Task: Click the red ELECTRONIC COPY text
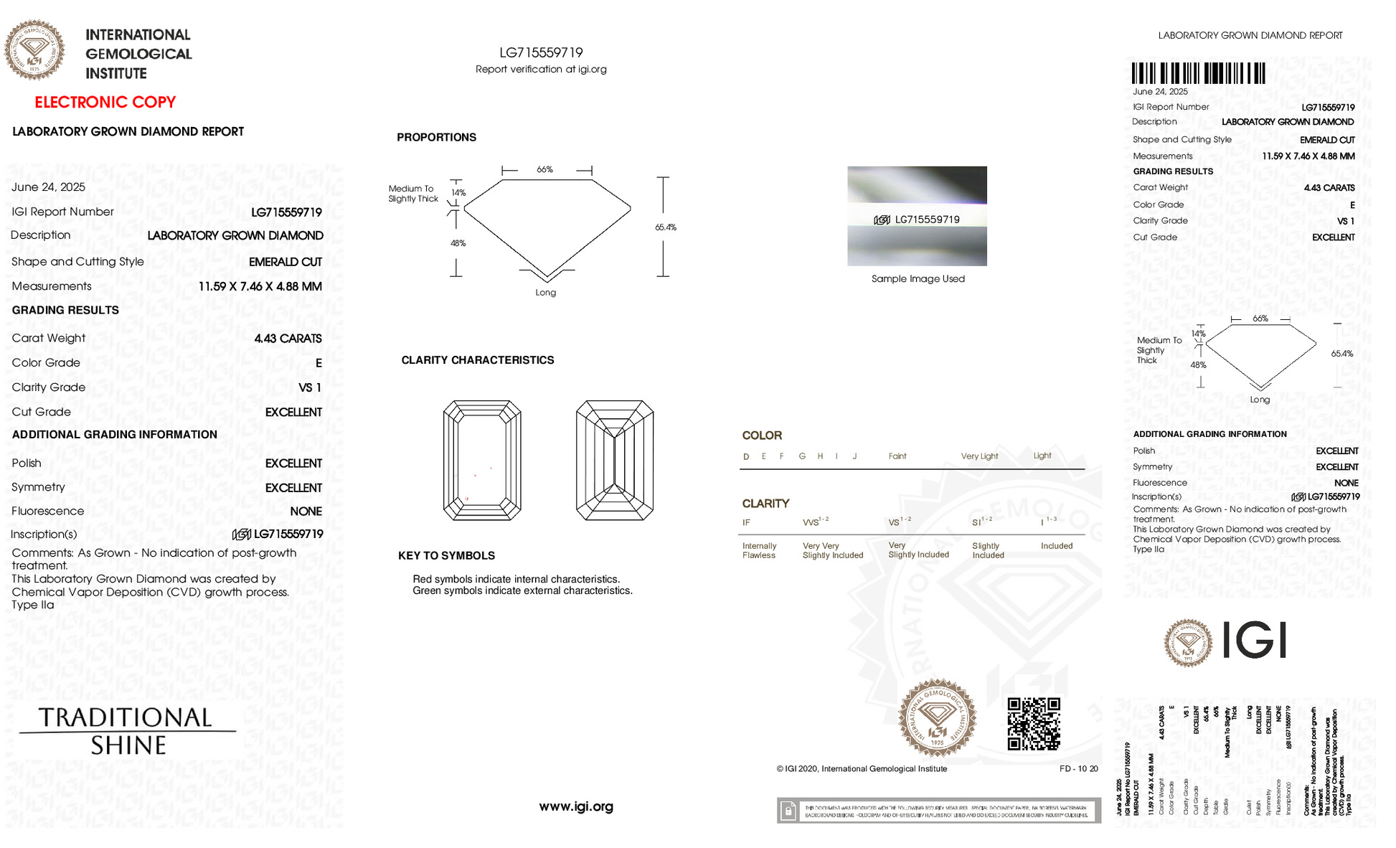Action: pyautogui.click(x=105, y=102)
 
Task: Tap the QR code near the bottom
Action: pyautogui.click(x=1034, y=724)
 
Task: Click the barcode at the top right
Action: pyautogui.click(x=1198, y=74)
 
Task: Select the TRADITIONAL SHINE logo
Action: pyautogui.click(x=128, y=731)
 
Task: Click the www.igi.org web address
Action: pyautogui.click(x=576, y=806)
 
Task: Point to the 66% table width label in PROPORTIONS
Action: pyautogui.click(x=545, y=170)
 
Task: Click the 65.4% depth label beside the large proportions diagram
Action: pyautogui.click(x=666, y=227)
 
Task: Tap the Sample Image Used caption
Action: pyautogui.click(x=918, y=279)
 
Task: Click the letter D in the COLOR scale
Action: pyautogui.click(x=746, y=457)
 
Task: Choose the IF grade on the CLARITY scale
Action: pyautogui.click(x=746, y=523)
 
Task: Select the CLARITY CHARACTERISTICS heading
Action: pyautogui.click(x=477, y=360)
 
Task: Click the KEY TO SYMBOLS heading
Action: pyautogui.click(x=446, y=556)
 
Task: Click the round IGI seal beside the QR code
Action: pyautogui.click(x=937, y=718)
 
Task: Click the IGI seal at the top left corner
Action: pyautogui.click(x=34, y=50)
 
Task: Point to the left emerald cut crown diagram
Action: pyautogui.click(x=482, y=461)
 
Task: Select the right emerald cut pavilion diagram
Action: pyautogui.click(x=615, y=461)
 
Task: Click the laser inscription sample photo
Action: pyautogui.click(x=917, y=216)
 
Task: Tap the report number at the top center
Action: pyautogui.click(x=541, y=52)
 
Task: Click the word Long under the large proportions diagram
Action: pyautogui.click(x=545, y=293)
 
